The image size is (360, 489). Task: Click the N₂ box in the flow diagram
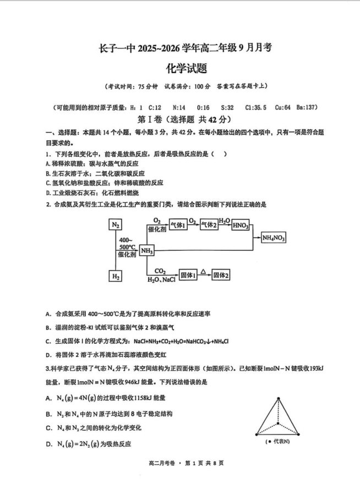point(115,224)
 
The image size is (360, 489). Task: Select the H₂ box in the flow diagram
point(115,276)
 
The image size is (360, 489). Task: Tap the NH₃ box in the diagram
point(146,251)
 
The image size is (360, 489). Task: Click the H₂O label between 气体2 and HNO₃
point(224,220)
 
